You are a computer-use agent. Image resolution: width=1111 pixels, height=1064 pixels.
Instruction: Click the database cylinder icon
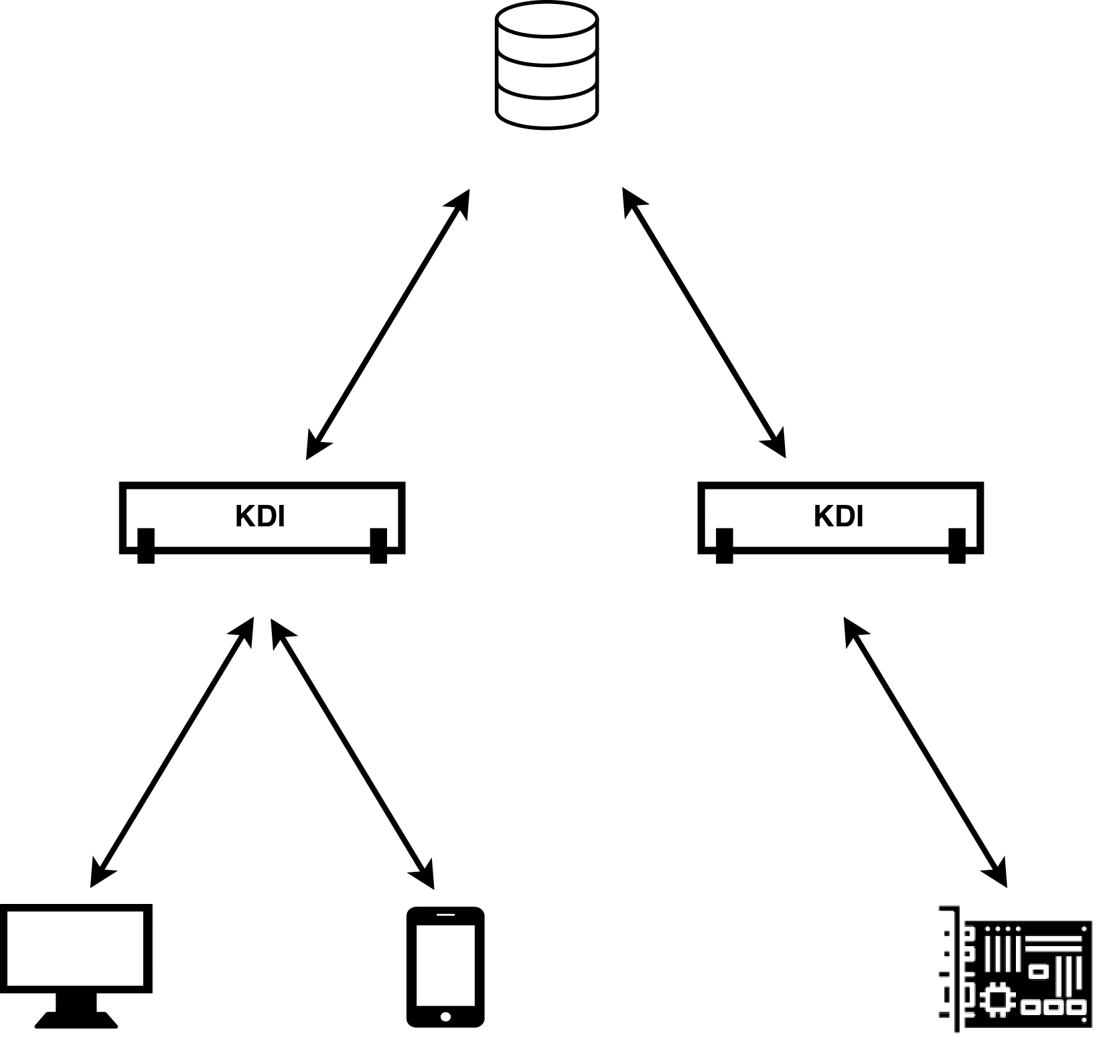pyautogui.click(x=546, y=65)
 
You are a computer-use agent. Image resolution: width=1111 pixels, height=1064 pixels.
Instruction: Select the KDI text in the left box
pyautogui.click(x=261, y=517)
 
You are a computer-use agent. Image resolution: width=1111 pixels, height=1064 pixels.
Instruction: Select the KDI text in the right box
pyautogui.click(x=838, y=517)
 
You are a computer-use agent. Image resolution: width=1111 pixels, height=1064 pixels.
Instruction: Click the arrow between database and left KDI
pyautogui.click(x=388, y=324)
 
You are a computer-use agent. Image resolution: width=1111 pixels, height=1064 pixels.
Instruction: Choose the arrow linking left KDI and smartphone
pyautogui.click(x=352, y=753)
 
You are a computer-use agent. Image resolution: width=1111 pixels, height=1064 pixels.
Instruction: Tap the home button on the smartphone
pyautogui.click(x=446, y=1016)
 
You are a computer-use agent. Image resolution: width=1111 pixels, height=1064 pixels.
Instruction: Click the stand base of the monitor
pyautogui.click(x=76, y=1020)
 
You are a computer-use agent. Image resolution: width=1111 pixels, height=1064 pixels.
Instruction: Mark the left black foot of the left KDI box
pyautogui.click(x=146, y=546)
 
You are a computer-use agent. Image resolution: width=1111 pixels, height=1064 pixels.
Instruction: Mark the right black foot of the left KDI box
pyautogui.click(x=378, y=546)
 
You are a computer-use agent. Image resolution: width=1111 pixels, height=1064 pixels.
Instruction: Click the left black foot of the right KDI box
pyautogui.click(x=724, y=546)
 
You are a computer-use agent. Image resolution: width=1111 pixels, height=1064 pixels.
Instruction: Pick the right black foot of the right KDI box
pyautogui.click(x=957, y=546)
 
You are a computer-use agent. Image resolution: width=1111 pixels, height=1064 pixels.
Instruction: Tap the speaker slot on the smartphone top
pyautogui.click(x=445, y=914)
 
